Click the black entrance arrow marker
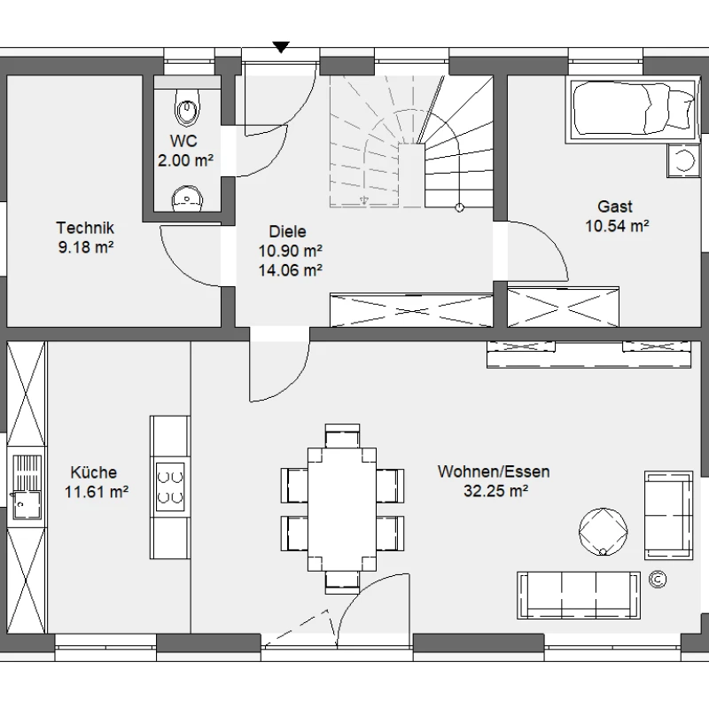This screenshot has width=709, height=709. [x=281, y=47]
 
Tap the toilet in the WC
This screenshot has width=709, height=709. [x=187, y=106]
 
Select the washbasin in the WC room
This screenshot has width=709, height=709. [x=187, y=199]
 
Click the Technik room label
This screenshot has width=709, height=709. [x=85, y=228]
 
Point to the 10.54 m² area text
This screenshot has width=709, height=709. [x=617, y=226]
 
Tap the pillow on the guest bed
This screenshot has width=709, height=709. [x=680, y=110]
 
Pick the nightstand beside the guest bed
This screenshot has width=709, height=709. [x=683, y=160]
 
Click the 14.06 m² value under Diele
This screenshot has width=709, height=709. [x=291, y=270]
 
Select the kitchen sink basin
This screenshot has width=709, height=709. [x=27, y=505]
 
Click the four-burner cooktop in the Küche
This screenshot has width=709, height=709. [x=170, y=487]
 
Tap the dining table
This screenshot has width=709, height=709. [x=342, y=509]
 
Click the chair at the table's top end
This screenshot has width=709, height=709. [x=342, y=436]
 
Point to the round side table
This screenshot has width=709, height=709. [x=603, y=532]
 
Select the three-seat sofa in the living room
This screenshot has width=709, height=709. [x=579, y=595]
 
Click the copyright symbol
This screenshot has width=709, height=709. [x=658, y=580]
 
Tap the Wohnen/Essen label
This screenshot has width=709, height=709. [x=494, y=471]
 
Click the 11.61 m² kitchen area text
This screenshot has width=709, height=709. [x=97, y=492]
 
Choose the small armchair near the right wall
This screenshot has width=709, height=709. [x=669, y=515]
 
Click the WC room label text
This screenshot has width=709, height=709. [x=183, y=141]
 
